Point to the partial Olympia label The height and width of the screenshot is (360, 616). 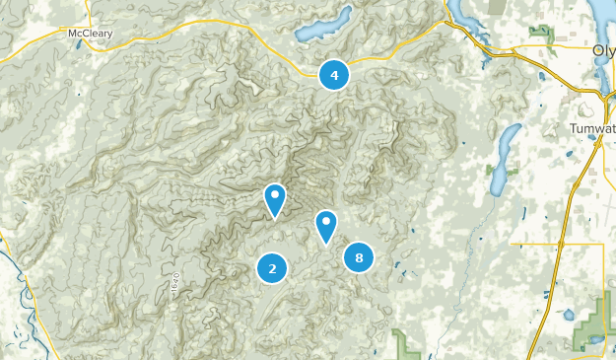pos(604,50)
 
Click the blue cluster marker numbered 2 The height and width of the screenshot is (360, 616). pos(272,266)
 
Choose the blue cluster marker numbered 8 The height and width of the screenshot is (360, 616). pos(359,258)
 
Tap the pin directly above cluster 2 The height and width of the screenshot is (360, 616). pos(275,199)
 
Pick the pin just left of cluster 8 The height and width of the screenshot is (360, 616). pos(326,225)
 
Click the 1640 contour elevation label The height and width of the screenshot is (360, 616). pos(175,281)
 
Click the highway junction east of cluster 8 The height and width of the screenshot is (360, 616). pos(561,244)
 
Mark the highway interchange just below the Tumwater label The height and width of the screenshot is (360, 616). pos(597,143)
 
